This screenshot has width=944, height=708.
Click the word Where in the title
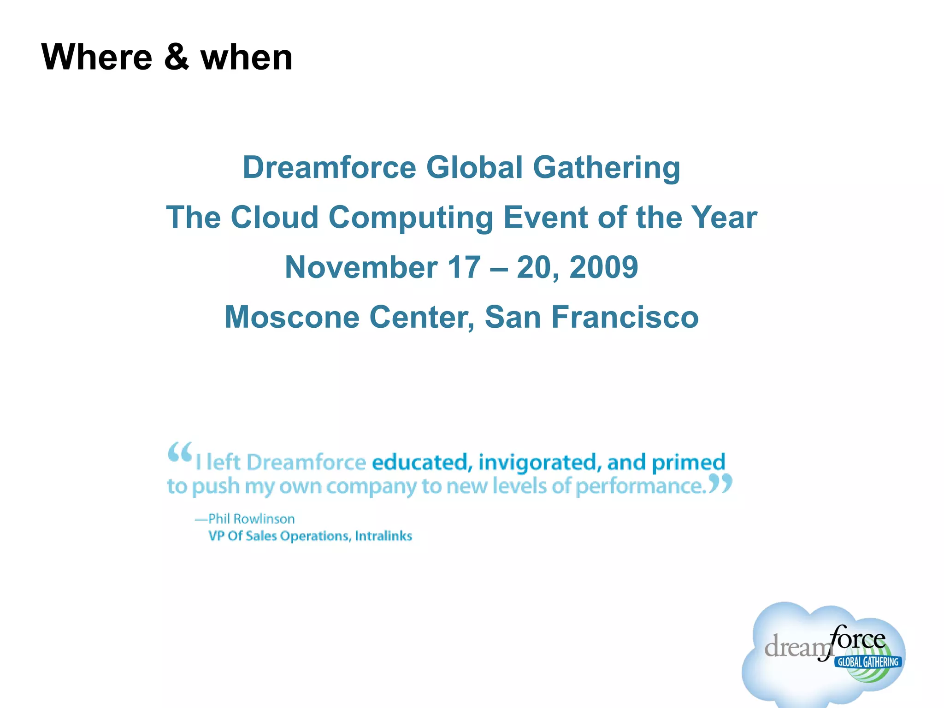click(x=97, y=57)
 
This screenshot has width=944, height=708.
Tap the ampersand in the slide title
click(x=176, y=57)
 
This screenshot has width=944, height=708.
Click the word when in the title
click(x=247, y=58)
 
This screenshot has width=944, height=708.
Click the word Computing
click(x=411, y=218)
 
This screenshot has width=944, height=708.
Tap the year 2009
click(x=604, y=267)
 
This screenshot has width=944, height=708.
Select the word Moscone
click(x=292, y=317)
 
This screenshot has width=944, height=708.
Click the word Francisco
click(x=625, y=317)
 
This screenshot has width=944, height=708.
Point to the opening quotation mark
click(x=179, y=452)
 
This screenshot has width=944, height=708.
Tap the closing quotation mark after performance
click(x=720, y=484)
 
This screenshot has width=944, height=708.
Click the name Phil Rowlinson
click(x=251, y=519)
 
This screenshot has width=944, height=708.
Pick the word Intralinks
click(x=383, y=536)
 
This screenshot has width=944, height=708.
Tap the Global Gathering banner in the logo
click(x=868, y=662)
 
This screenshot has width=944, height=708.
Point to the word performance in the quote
click(x=641, y=486)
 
